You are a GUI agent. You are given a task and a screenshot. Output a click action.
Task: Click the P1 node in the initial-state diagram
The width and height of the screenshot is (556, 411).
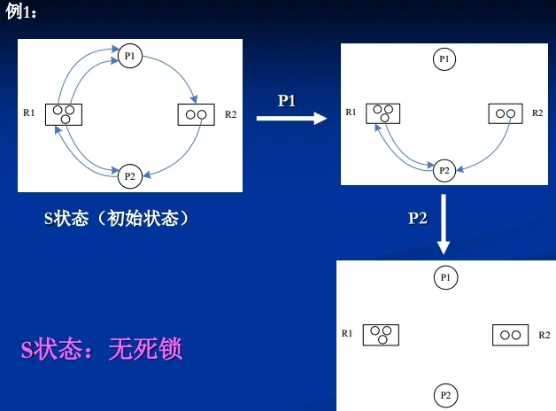[129, 57]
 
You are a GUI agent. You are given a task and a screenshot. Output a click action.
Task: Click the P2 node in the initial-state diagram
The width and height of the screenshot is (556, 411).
[129, 175]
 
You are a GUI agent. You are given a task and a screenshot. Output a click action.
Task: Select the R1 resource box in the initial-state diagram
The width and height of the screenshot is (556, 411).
[64, 114]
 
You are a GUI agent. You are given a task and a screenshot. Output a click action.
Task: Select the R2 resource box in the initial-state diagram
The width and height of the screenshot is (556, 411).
[196, 114]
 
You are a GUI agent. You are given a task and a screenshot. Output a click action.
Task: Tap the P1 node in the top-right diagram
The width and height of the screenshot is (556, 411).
[444, 59]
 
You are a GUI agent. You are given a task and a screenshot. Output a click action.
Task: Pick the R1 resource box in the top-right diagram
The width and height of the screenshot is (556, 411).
[382, 113]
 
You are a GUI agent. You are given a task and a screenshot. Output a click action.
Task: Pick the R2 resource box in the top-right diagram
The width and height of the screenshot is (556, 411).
[506, 113]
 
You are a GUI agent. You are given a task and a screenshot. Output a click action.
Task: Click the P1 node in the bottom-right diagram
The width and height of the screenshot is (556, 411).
[445, 277]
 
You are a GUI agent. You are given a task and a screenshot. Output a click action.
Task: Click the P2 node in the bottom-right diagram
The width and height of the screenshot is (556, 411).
[445, 394]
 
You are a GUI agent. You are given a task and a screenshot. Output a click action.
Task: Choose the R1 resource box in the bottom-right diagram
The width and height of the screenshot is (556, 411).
[381, 334]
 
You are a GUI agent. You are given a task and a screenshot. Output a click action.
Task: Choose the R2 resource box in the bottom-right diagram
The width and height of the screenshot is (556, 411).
[509, 335]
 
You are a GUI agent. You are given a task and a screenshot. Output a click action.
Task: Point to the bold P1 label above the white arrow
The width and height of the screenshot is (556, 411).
[287, 101]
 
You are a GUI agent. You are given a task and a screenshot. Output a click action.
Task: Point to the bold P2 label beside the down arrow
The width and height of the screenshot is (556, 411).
[418, 218]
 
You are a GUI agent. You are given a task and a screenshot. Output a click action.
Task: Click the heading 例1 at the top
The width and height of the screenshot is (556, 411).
[22, 11]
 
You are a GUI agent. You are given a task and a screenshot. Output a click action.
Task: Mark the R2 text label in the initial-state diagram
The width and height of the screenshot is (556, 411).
[230, 114]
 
